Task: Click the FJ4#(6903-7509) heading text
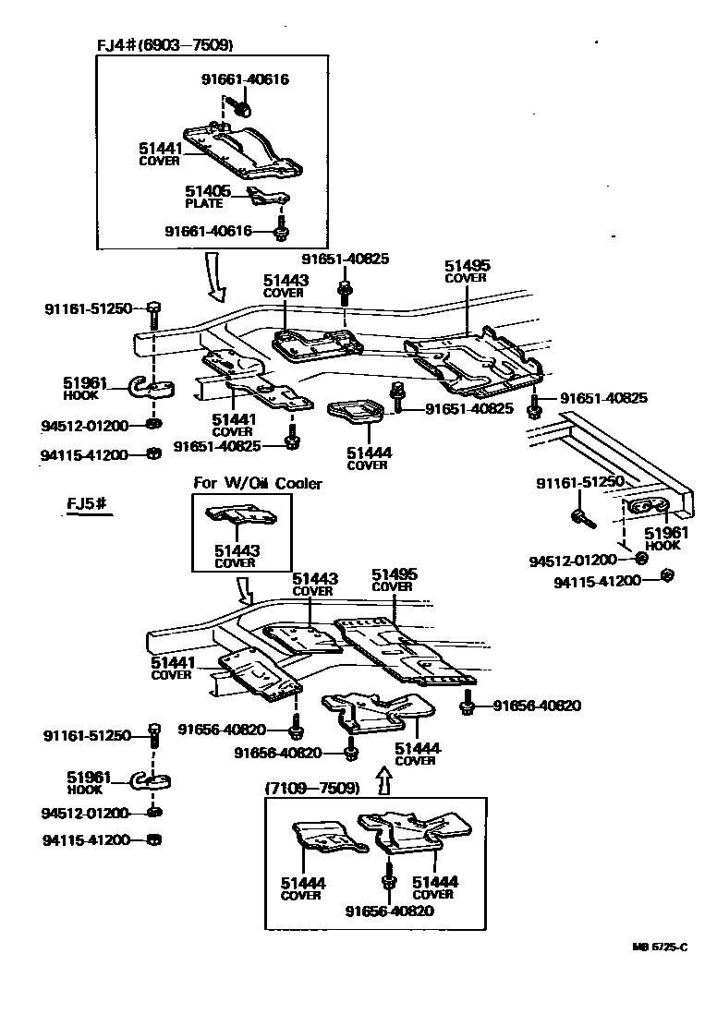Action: [x=164, y=45]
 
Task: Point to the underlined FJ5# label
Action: [x=89, y=503]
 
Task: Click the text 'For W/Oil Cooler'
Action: [x=257, y=483]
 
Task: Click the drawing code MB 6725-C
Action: [x=660, y=947]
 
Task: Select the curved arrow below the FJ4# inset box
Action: [x=216, y=280]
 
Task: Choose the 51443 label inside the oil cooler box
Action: [x=237, y=550]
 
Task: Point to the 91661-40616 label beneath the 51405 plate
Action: [x=208, y=231]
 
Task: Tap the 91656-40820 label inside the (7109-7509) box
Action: [x=390, y=911]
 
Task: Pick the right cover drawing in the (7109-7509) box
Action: [x=411, y=827]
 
